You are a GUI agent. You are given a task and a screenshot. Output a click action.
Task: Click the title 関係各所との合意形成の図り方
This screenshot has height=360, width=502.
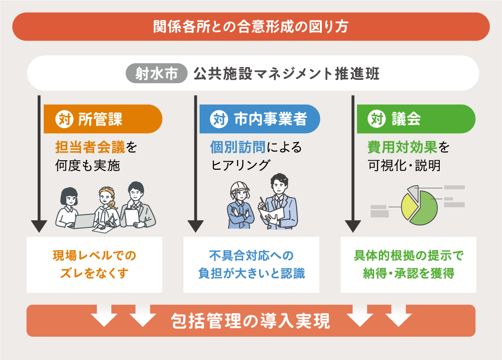point(251,27)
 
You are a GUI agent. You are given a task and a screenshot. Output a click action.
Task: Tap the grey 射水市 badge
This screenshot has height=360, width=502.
point(157,75)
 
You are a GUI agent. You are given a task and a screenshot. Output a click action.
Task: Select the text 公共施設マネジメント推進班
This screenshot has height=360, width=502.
point(286,75)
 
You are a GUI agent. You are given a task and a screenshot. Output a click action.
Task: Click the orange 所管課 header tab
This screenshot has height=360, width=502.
point(103,119)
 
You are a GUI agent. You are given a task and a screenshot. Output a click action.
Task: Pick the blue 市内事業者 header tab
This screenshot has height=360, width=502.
point(259,119)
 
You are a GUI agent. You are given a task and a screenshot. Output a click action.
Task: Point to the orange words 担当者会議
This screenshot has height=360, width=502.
point(90,147)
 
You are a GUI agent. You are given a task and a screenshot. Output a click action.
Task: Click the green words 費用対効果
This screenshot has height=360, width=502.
point(402,147)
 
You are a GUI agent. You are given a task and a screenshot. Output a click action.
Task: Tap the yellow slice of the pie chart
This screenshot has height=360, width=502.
point(409,205)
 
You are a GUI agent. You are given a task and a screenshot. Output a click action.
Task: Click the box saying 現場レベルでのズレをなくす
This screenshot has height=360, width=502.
point(95,265)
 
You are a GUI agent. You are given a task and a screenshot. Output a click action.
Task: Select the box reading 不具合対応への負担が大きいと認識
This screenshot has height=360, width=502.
point(251,265)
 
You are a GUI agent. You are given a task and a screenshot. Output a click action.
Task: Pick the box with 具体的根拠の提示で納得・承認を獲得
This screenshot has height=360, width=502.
point(408,265)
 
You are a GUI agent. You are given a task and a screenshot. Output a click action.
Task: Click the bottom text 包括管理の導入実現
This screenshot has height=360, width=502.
point(251,321)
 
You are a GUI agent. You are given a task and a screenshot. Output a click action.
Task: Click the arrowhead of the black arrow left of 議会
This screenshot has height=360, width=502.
point(353,225)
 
